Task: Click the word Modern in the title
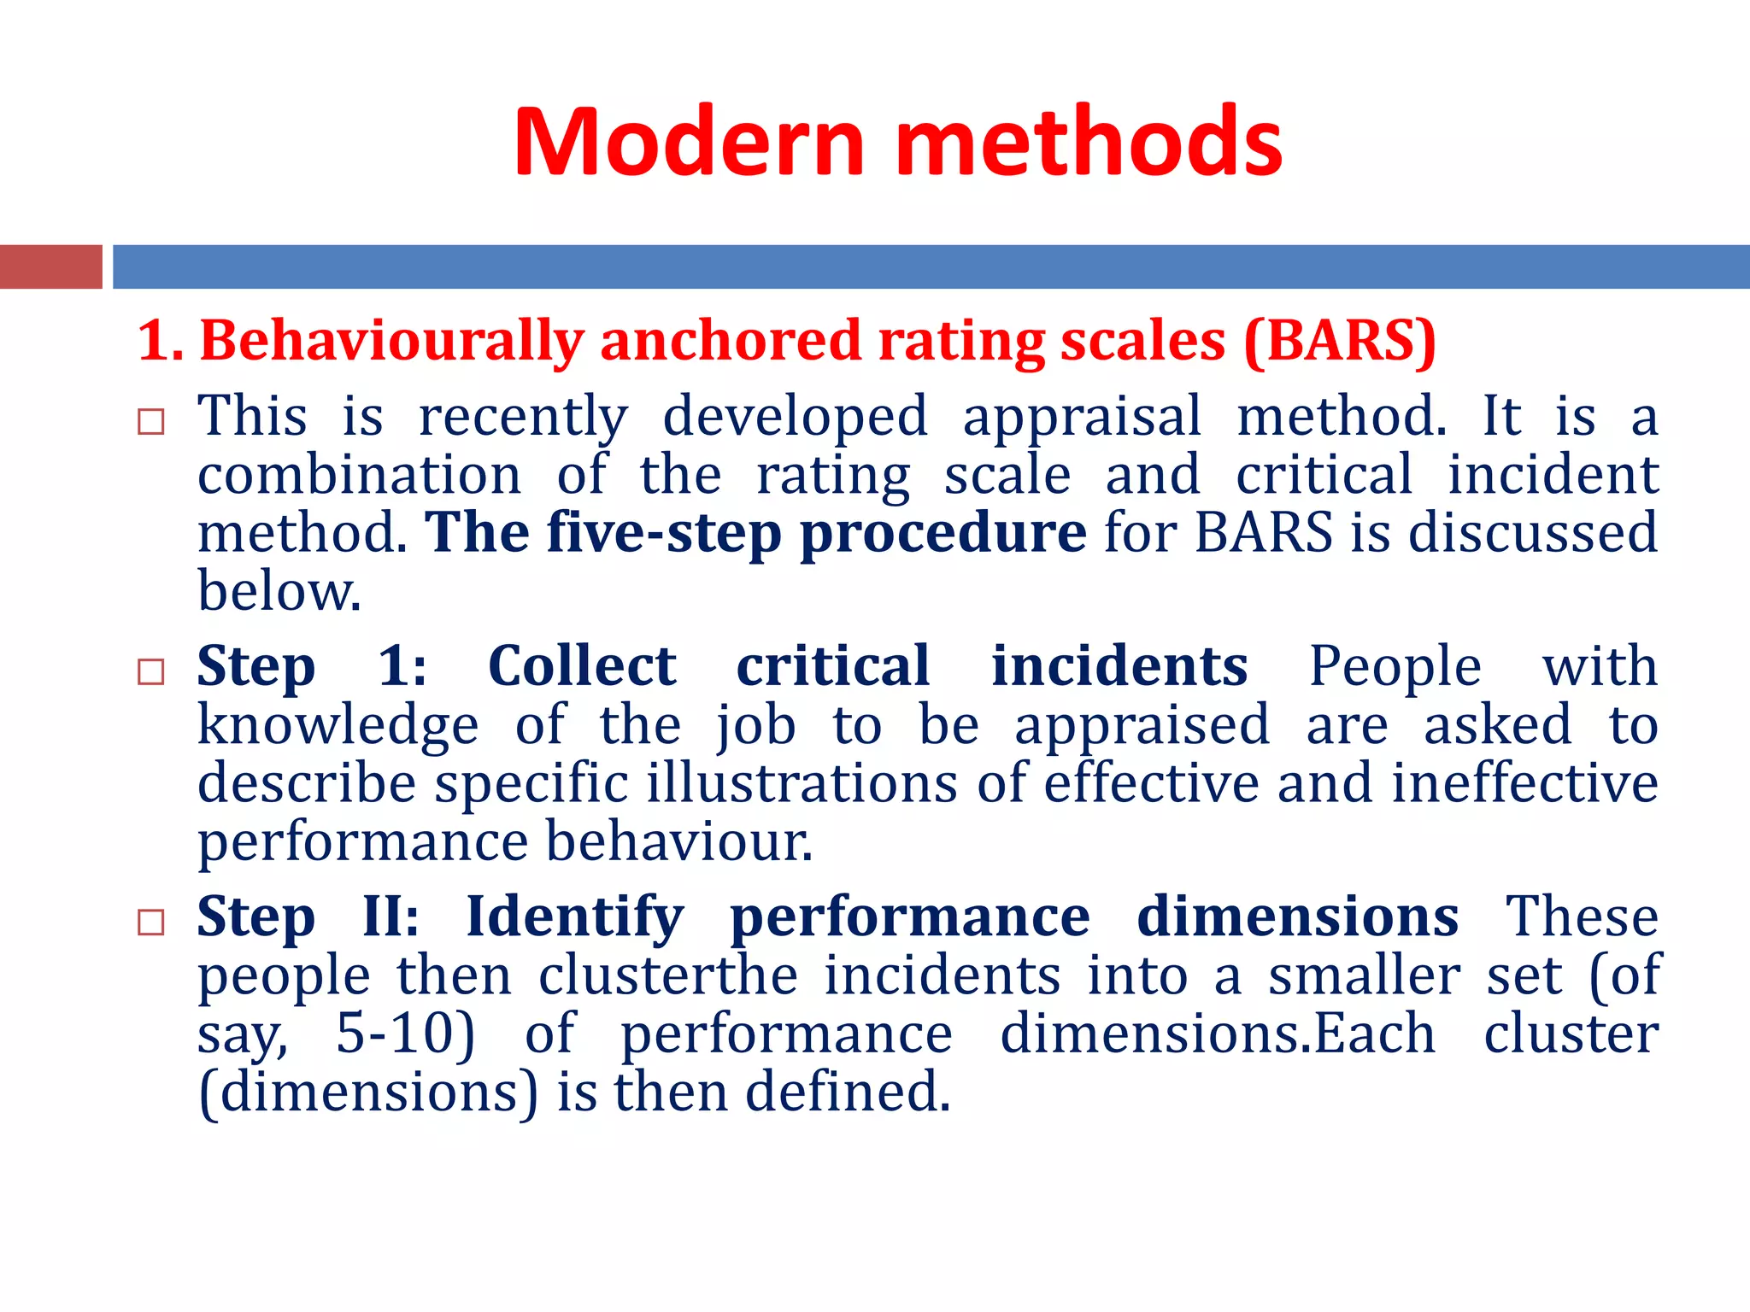689,142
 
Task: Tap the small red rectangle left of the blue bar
50,266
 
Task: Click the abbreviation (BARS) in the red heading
1339,341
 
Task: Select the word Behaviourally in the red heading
391,341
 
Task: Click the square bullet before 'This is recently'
151,421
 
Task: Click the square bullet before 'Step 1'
151,671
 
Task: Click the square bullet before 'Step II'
151,922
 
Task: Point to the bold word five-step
664,533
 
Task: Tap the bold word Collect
582,666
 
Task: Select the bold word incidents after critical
1119,666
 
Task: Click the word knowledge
338,725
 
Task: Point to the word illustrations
802,783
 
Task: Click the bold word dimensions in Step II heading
1297,917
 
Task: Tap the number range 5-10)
405,1034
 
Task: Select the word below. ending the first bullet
279,591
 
